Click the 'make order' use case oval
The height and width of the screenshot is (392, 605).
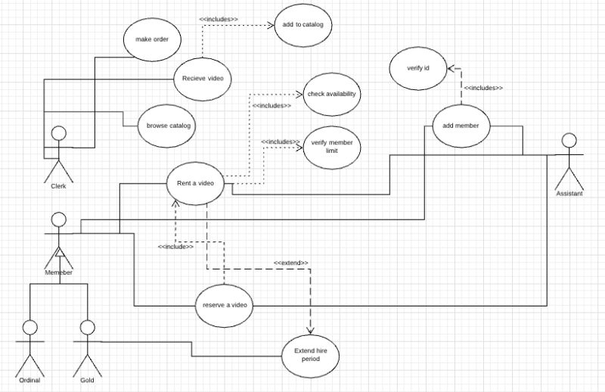151,40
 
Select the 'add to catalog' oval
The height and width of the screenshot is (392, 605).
302,26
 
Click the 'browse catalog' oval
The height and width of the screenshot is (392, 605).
165,125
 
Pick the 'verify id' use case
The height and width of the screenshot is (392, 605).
417,69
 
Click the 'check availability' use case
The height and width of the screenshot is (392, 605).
331,95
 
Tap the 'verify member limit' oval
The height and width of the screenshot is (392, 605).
331,145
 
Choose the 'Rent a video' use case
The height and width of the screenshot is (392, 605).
196,183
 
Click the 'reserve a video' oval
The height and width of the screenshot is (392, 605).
225,305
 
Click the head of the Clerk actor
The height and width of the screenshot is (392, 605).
57,134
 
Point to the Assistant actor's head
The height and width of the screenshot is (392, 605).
569,140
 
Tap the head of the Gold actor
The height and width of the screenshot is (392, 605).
87,327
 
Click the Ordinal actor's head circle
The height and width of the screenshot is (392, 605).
29,327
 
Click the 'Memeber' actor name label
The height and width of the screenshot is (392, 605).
58,272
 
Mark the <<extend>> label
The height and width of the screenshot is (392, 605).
291,263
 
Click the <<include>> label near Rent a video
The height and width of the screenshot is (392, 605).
175,247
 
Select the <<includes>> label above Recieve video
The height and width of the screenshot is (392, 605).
218,19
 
